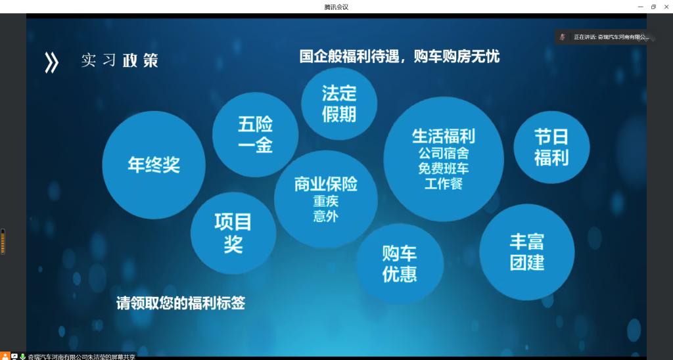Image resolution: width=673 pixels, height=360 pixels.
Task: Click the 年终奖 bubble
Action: [154, 165]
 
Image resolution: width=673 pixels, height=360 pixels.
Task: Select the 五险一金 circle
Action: [256, 135]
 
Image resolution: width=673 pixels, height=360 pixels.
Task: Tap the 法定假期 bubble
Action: [339, 103]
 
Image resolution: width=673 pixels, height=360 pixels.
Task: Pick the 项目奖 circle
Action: [233, 233]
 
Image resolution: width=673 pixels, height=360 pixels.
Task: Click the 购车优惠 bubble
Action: [400, 264]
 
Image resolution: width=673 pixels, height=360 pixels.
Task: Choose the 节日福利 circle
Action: [551, 147]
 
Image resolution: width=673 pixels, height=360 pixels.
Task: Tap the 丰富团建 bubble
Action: [527, 252]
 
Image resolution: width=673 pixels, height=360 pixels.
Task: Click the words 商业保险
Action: [326, 184]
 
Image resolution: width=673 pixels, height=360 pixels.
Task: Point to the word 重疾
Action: [326, 201]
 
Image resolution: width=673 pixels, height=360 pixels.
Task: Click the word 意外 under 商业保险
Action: [326, 216]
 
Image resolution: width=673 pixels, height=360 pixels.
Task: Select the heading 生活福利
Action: [444, 137]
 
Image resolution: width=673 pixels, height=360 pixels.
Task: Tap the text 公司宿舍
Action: [444, 153]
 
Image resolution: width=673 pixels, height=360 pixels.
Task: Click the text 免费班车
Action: [444, 168]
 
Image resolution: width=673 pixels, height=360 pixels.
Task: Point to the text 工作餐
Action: [444, 184]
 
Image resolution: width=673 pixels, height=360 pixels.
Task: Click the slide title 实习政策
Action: [120, 60]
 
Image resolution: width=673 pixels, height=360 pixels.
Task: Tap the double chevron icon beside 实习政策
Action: [51, 62]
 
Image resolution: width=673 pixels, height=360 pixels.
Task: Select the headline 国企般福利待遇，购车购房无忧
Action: [400, 56]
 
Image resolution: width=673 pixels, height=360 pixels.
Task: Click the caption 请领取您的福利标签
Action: [181, 303]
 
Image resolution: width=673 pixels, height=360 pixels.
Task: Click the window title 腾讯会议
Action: [336, 7]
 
